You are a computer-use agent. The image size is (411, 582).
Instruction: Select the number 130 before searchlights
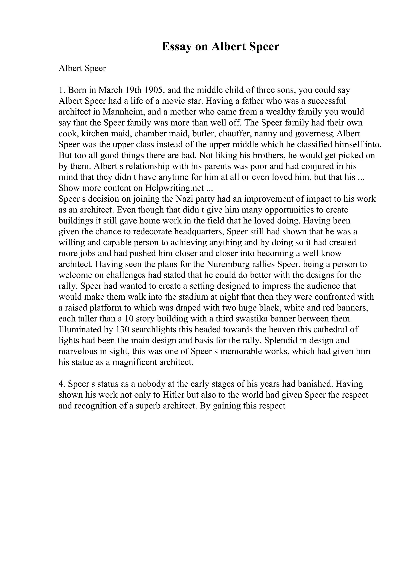(123, 330)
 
